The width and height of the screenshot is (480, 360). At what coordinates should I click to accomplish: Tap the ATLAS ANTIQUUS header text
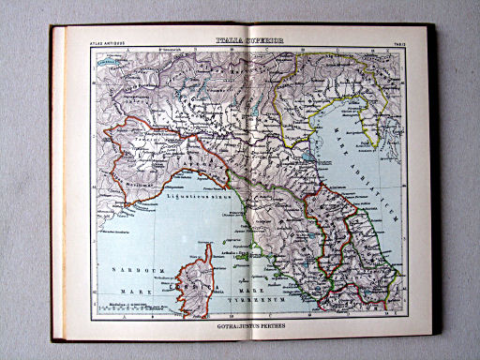[107, 42]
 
